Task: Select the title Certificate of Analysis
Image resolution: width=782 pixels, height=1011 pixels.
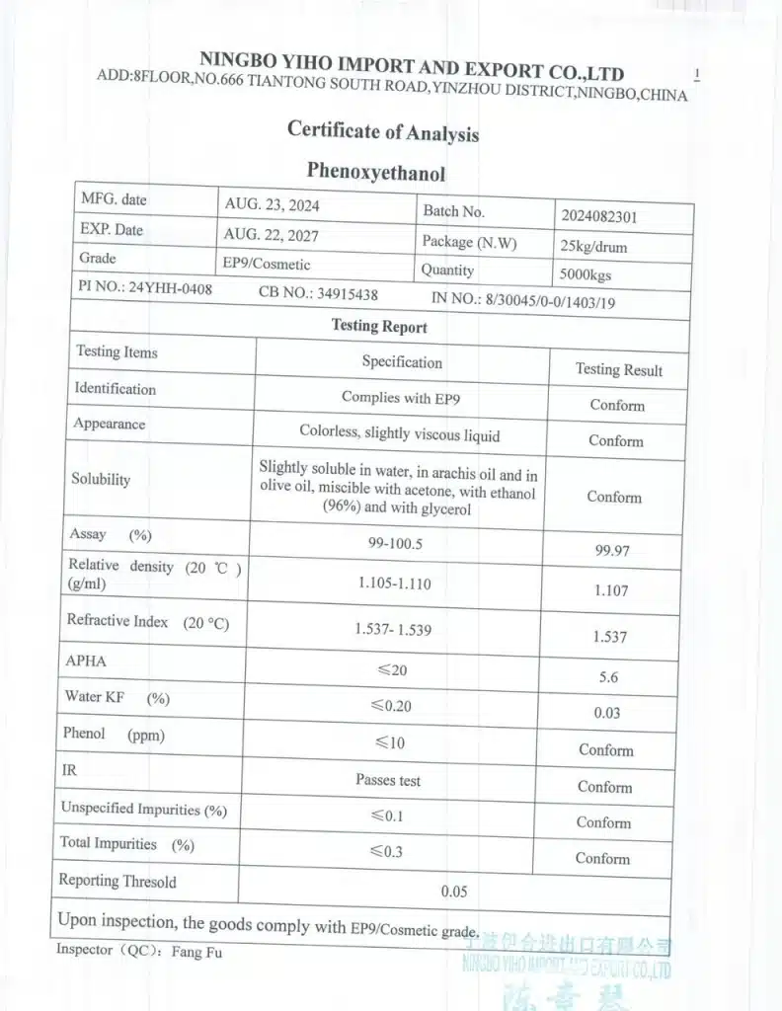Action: tap(383, 130)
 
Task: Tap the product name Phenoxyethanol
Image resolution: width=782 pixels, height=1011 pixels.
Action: tap(375, 172)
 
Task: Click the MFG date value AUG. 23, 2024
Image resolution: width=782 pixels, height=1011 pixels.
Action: tap(273, 205)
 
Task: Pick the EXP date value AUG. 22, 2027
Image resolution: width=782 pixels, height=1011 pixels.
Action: tap(272, 235)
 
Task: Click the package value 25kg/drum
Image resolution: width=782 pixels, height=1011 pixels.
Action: tap(593, 247)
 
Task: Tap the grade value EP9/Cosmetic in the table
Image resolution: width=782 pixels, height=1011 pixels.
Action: tap(267, 264)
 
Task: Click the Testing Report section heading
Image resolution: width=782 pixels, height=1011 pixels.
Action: tap(379, 326)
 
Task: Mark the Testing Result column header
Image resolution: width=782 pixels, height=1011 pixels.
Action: tap(619, 369)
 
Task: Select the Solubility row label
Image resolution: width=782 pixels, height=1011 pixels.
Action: tap(101, 479)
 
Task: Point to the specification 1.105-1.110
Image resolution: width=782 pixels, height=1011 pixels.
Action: tap(395, 583)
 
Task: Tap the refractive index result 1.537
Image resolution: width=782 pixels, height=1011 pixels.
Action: tap(610, 637)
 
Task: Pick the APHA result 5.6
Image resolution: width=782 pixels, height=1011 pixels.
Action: tap(607, 678)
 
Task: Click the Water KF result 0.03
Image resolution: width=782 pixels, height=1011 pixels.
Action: tap(607, 713)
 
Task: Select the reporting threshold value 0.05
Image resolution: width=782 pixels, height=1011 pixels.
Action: tap(454, 891)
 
